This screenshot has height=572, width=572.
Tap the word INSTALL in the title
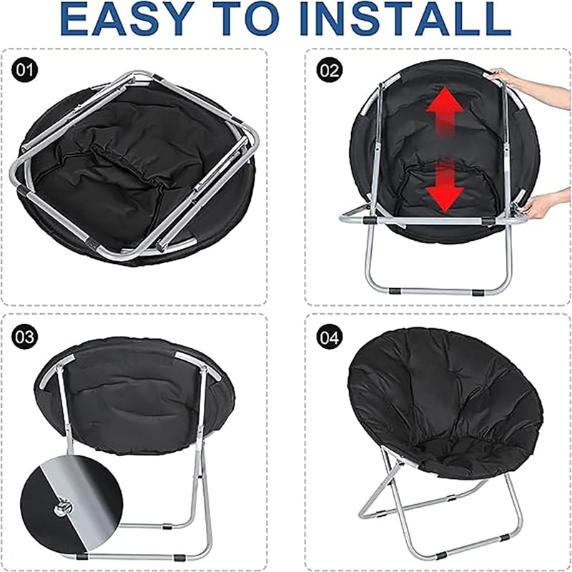point(405,19)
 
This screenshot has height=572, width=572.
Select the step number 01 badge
point(24,69)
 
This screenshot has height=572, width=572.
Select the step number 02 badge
point(330,69)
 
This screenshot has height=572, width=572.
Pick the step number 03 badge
point(24,336)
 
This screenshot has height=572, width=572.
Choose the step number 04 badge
point(330,336)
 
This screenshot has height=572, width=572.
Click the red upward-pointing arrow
point(445,112)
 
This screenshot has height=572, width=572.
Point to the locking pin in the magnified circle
point(62,508)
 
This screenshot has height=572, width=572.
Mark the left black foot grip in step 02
point(395,291)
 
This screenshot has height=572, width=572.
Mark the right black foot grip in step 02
point(478,292)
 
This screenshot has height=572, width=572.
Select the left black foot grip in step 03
point(82,557)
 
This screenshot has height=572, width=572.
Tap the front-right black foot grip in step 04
point(505,538)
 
